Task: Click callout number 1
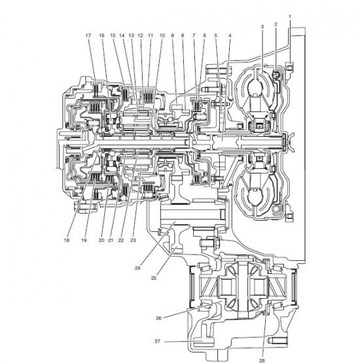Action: pyautogui.click(x=290, y=16)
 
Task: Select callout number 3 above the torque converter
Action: pyautogui.click(x=262, y=27)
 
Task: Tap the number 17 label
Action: pyautogui.click(x=88, y=35)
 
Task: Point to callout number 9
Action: pyautogui.click(x=172, y=35)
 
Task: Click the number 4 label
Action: pyautogui.click(x=230, y=35)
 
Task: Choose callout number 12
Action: pyautogui.click(x=140, y=35)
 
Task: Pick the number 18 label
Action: pyautogui.click(x=67, y=240)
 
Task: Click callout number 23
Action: pyautogui.click(x=133, y=240)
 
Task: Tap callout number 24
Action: pyautogui.click(x=137, y=268)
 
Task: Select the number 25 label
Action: pyautogui.click(x=154, y=278)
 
